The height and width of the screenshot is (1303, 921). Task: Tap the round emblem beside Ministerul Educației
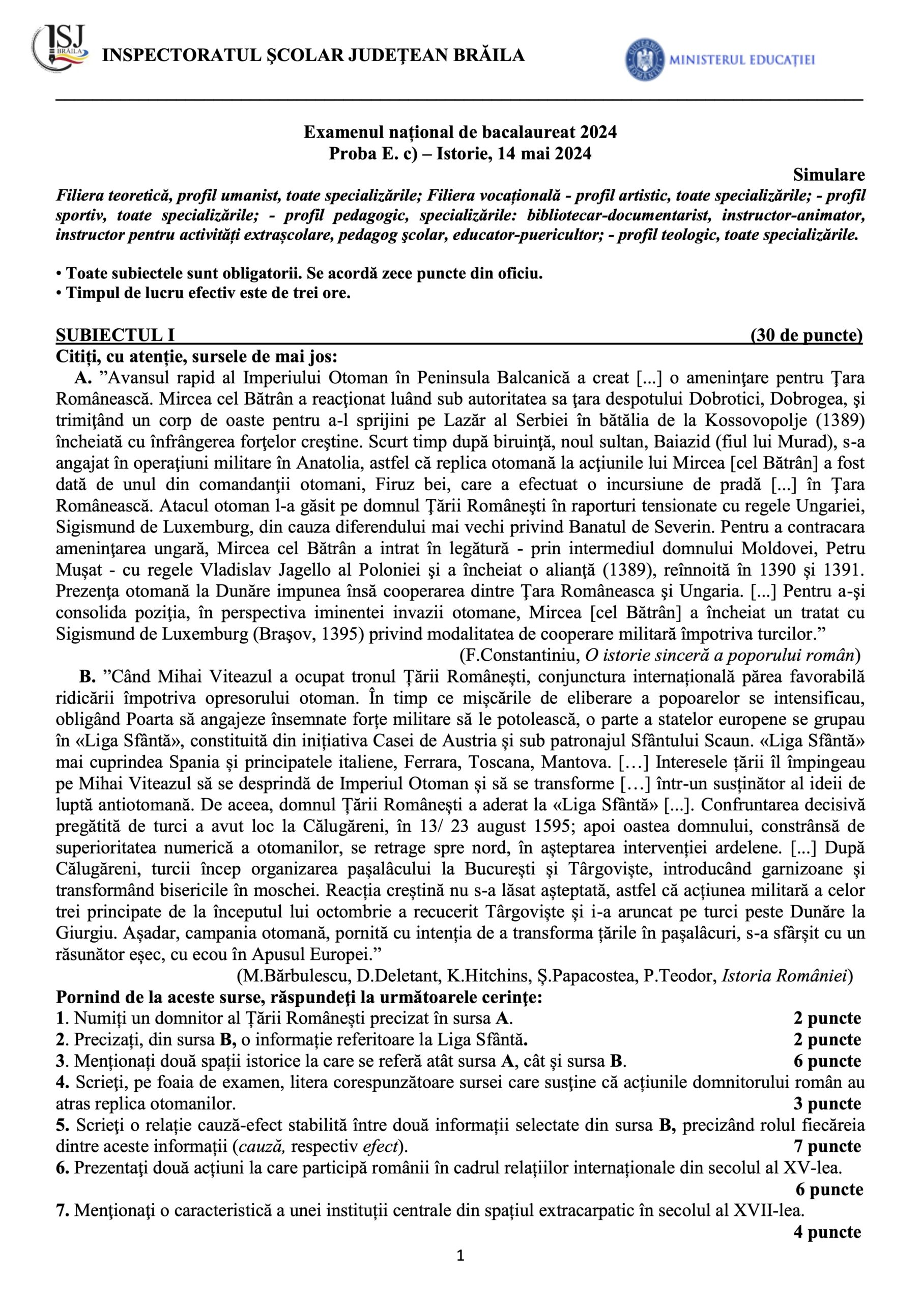point(645,59)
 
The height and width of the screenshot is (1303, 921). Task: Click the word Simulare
point(828,175)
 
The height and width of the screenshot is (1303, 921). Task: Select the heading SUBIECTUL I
point(115,335)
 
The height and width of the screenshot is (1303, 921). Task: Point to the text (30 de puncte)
point(806,335)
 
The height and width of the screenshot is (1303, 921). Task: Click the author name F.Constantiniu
point(519,656)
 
